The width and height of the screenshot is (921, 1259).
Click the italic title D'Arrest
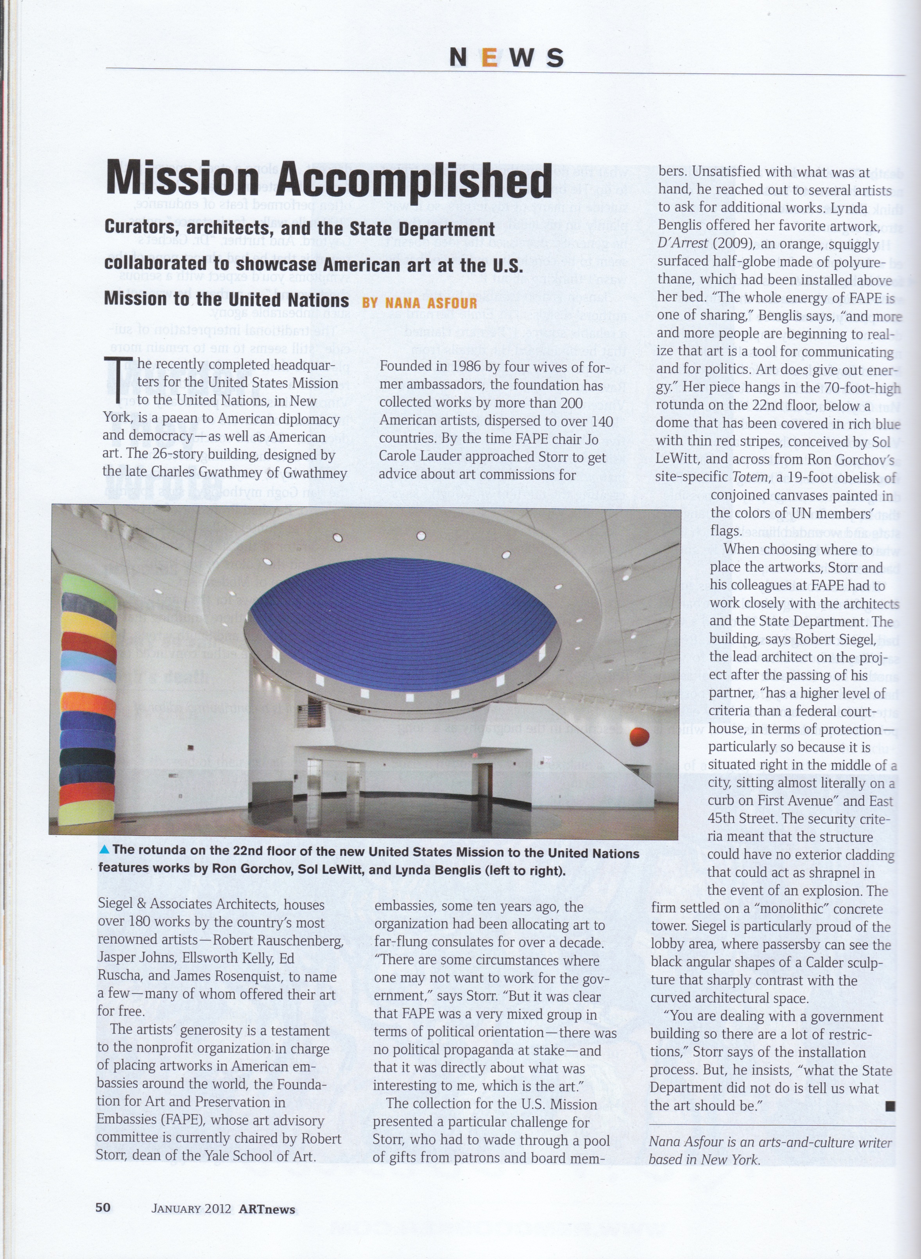point(684,244)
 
